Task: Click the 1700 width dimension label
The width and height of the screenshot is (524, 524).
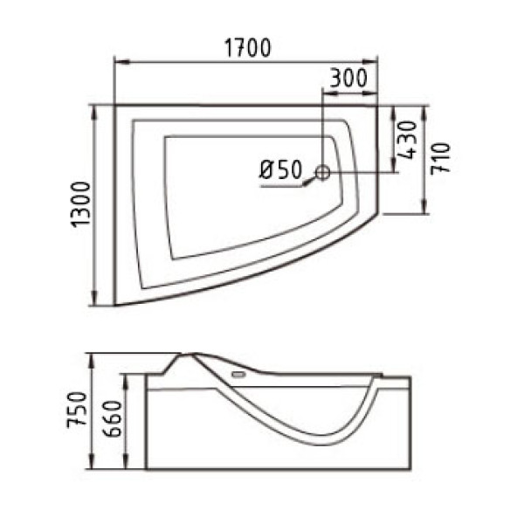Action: click(x=245, y=48)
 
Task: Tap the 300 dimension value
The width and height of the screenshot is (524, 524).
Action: click(x=349, y=77)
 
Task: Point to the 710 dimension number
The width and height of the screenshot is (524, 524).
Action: click(x=441, y=157)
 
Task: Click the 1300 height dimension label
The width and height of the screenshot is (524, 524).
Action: click(x=80, y=205)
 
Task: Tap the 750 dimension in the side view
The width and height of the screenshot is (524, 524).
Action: click(x=79, y=410)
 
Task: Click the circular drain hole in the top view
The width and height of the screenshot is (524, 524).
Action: click(x=322, y=173)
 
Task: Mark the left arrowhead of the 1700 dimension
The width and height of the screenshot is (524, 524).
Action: click(x=120, y=62)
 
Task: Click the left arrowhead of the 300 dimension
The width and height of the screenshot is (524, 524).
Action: click(x=327, y=90)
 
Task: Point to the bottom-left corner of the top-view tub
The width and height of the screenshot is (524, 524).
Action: click(x=115, y=304)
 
